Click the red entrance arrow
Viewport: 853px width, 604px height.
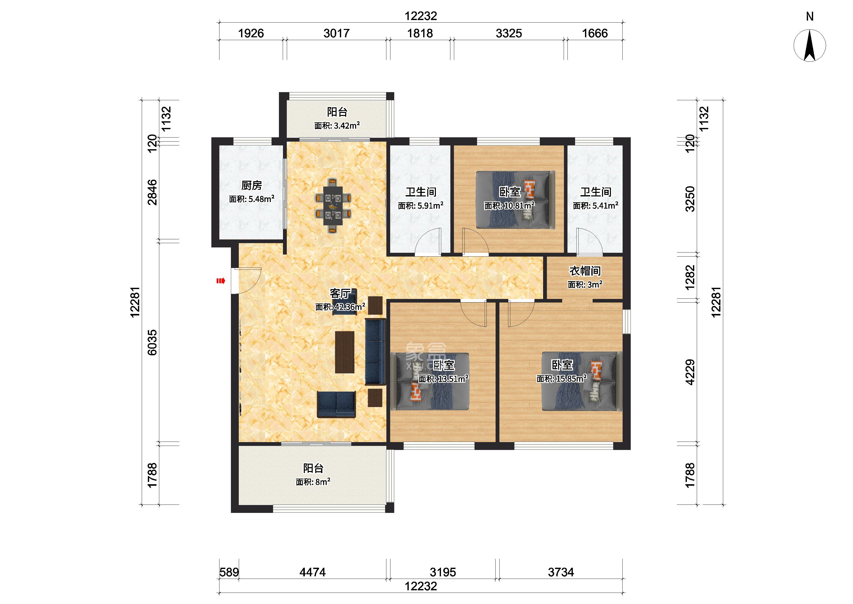221,281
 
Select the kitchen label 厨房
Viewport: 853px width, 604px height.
251,185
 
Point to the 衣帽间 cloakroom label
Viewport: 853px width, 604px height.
585,271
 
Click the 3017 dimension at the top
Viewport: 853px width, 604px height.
336,33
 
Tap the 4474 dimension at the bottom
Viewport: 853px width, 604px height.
313,572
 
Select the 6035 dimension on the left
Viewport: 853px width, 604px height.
152,343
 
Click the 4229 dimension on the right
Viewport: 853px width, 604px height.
690,372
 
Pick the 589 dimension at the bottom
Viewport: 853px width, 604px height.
229,572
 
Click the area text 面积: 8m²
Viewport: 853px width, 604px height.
313,482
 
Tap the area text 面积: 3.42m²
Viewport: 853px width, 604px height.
337,126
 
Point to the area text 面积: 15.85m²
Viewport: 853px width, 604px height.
561,379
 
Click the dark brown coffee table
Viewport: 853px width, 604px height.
345,352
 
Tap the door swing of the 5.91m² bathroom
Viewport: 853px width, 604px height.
428,242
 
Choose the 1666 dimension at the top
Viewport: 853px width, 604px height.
595,33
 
